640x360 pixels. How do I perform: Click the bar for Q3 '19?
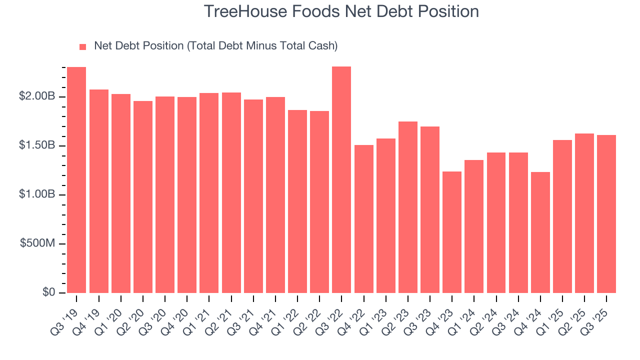pyautogui.click(x=76, y=180)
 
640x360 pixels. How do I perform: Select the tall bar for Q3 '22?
pyautogui.click(x=341, y=180)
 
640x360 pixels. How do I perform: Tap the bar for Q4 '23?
pyautogui.click(x=452, y=232)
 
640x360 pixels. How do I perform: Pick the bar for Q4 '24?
pyautogui.click(x=540, y=232)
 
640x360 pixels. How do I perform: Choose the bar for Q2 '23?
pyautogui.click(x=408, y=207)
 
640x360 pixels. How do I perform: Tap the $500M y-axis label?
pyautogui.click(x=37, y=243)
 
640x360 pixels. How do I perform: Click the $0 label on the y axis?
pyautogui.click(x=48, y=292)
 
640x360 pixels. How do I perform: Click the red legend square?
pyautogui.click(x=83, y=47)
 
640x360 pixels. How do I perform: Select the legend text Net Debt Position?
pyautogui.click(x=139, y=46)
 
